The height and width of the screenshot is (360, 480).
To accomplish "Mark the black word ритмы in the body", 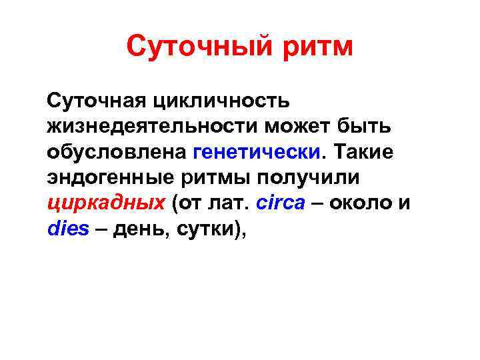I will tap(215, 178).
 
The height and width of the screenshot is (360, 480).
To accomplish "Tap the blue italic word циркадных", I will tap(107, 203).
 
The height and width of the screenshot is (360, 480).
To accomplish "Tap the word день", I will tap(140, 229).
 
